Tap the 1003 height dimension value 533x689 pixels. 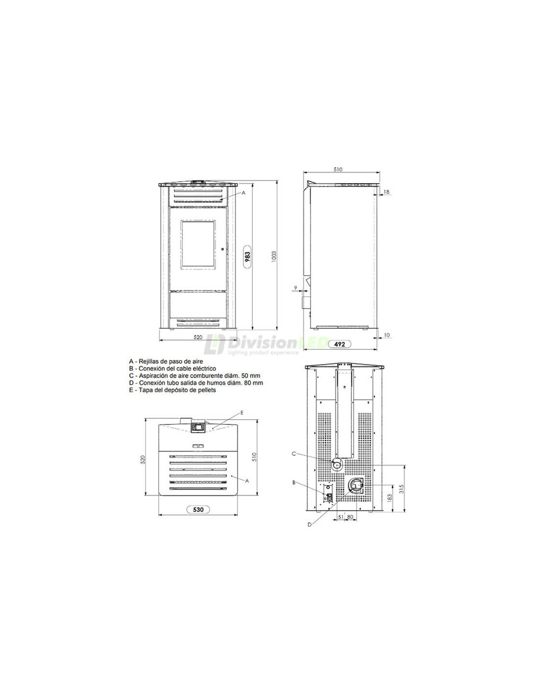pos(274,257)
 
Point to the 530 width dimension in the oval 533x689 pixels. pos(198,510)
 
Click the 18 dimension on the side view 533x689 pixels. pos(386,192)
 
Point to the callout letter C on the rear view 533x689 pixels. pos(293,454)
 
